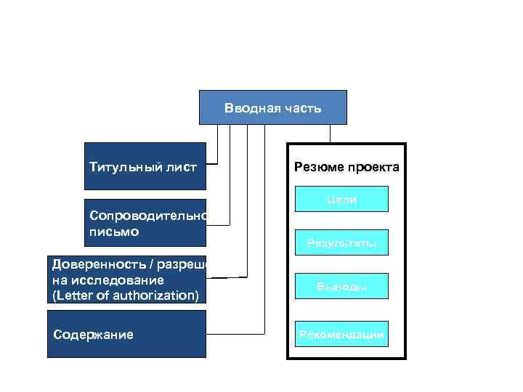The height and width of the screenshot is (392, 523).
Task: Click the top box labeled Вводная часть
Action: coord(272,107)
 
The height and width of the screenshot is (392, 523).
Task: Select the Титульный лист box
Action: coord(145,166)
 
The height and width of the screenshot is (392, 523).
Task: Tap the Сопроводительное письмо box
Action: coord(145,223)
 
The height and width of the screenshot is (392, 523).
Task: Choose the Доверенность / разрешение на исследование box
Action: coord(127,279)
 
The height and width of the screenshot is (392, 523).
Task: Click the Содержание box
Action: coord(126,334)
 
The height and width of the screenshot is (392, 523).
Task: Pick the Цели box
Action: coord(341,199)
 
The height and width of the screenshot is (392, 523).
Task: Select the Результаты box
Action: coord(341,243)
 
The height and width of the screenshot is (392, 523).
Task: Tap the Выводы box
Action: coord(341,287)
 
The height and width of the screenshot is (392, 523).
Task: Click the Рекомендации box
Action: coord(341,334)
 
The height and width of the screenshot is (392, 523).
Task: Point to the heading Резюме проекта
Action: coord(346,168)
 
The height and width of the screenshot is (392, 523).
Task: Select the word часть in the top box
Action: coord(301,108)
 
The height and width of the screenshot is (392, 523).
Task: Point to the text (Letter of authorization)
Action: coord(125,295)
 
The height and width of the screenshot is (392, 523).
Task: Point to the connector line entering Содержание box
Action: coord(232,335)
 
